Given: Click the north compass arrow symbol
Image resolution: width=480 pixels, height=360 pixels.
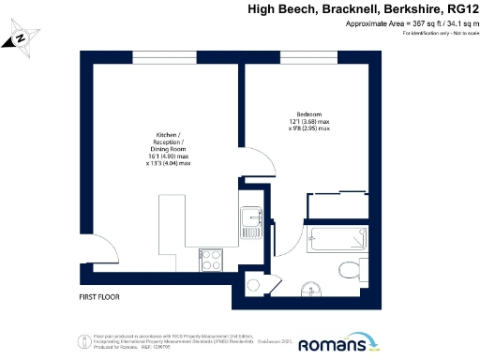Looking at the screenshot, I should pos(19,40).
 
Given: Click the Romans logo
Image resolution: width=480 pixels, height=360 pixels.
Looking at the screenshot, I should pos(349,344).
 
